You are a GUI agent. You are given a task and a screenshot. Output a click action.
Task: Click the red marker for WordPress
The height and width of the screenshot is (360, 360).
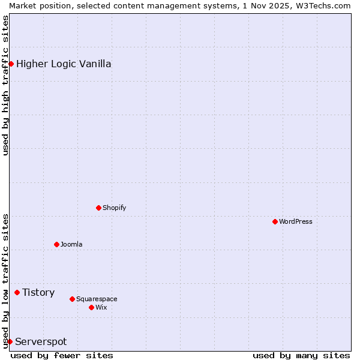[275, 221]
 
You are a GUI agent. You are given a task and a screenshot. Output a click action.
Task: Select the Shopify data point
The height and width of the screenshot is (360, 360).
[98, 208]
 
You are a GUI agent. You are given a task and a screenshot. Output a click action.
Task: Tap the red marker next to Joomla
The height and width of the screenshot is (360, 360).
[56, 244]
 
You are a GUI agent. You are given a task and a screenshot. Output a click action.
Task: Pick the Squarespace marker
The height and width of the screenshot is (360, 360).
[72, 299]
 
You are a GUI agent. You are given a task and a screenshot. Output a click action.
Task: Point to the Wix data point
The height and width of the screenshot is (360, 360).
[91, 307]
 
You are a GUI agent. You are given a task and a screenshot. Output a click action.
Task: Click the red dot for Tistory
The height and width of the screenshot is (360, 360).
[17, 292]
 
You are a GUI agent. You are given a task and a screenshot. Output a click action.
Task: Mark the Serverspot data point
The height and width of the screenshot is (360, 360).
[10, 341]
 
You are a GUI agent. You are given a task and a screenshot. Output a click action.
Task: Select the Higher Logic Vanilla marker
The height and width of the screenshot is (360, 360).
[11, 64]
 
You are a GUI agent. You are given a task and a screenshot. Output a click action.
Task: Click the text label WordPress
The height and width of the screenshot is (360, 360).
[296, 221]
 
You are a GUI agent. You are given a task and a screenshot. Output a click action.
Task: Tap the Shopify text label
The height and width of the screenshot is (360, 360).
[115, 208]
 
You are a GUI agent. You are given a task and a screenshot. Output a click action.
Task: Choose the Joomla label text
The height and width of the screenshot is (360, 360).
[71, 244]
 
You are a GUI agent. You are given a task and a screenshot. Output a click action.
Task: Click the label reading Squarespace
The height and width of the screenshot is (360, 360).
[97, 299]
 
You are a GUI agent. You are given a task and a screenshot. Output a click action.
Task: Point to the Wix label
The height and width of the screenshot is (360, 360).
[101, 307]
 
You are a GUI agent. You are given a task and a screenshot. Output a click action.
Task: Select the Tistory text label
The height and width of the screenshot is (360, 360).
[38, 292]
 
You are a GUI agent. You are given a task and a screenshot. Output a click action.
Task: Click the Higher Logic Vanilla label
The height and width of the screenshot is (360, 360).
[64, 64]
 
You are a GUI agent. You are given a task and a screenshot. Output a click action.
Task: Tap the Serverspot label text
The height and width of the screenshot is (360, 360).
[41, 341]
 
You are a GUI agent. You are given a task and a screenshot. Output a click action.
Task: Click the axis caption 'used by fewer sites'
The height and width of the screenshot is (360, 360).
[62, 355]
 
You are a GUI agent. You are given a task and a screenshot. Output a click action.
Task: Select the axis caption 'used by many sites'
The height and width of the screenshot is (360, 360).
[301, 355]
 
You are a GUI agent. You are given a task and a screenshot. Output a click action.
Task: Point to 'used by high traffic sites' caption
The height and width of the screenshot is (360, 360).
[5, 85]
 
